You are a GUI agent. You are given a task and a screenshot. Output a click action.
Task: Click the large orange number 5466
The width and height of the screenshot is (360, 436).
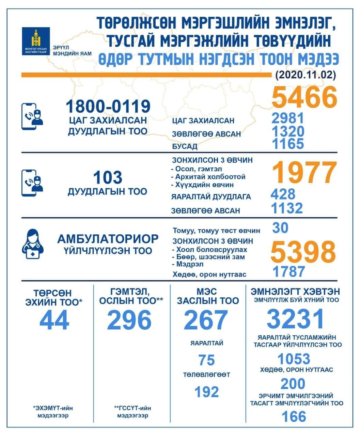pos(304,97)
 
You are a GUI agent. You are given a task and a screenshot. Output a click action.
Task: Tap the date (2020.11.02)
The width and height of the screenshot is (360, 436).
pos(305,75)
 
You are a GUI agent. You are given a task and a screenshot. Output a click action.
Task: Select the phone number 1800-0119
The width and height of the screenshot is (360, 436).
pos(108,106)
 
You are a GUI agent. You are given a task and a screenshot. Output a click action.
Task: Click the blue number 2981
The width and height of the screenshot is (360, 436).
pos(288,119)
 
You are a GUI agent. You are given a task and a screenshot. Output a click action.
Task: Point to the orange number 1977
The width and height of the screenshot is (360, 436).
pos(304,173)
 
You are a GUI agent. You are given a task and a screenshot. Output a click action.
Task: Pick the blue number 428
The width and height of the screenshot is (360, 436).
pos(283,194)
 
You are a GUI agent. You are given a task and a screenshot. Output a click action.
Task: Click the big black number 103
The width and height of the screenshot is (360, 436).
pos(107,177)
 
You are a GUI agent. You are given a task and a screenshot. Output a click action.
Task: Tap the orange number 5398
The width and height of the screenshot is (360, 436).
pos(303,252)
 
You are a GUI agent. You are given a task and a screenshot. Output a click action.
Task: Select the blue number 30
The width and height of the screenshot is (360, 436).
pos(280,228)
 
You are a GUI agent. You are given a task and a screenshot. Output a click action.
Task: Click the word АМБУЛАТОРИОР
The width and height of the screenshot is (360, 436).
pos(108,238)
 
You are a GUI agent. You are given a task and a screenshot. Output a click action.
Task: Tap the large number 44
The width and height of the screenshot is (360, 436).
pos(54,320)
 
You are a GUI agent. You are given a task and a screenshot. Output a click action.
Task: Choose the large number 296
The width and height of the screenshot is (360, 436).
pos(129,320)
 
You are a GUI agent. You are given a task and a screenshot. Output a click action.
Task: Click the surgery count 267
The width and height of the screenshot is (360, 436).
pos(206,320)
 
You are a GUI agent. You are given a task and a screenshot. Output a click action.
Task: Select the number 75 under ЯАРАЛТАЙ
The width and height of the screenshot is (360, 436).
pos(206,360)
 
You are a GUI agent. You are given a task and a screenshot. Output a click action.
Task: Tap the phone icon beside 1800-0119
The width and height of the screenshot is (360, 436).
pos(32,116)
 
